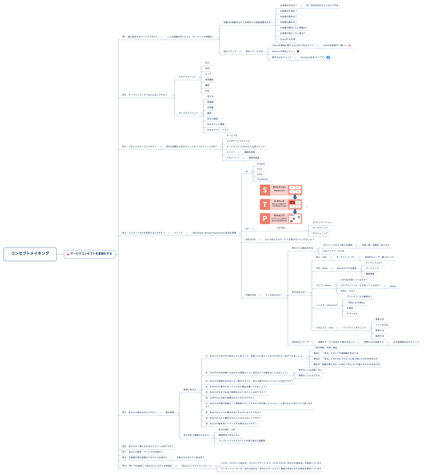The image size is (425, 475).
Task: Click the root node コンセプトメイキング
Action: click(30, 254)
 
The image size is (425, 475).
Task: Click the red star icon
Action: click(68, 254)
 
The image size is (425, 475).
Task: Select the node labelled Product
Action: click(261, 164)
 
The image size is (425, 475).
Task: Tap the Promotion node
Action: click(262, 179)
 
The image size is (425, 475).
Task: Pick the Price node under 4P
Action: click(260, 169)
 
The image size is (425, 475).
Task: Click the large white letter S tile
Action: click(264, 190)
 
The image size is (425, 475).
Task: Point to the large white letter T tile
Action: click(264, 204)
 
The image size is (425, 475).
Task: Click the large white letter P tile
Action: click(264, 218)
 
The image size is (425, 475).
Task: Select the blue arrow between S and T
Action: click(295, 197)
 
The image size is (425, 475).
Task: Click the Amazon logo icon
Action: click(298, 51)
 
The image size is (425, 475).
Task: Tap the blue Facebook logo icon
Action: click(328, 57)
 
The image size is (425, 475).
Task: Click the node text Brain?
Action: click(393, 285)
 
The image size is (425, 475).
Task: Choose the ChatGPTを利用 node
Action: click(287, 39)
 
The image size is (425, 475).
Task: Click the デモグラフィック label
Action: click(187, 77)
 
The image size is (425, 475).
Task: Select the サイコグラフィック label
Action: click(188, 113)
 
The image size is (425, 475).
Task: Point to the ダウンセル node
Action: click(352, 314)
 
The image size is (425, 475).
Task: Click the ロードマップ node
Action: click(372, 268)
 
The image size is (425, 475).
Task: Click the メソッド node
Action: click(178, 233)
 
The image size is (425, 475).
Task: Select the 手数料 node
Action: click(350, 308)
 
